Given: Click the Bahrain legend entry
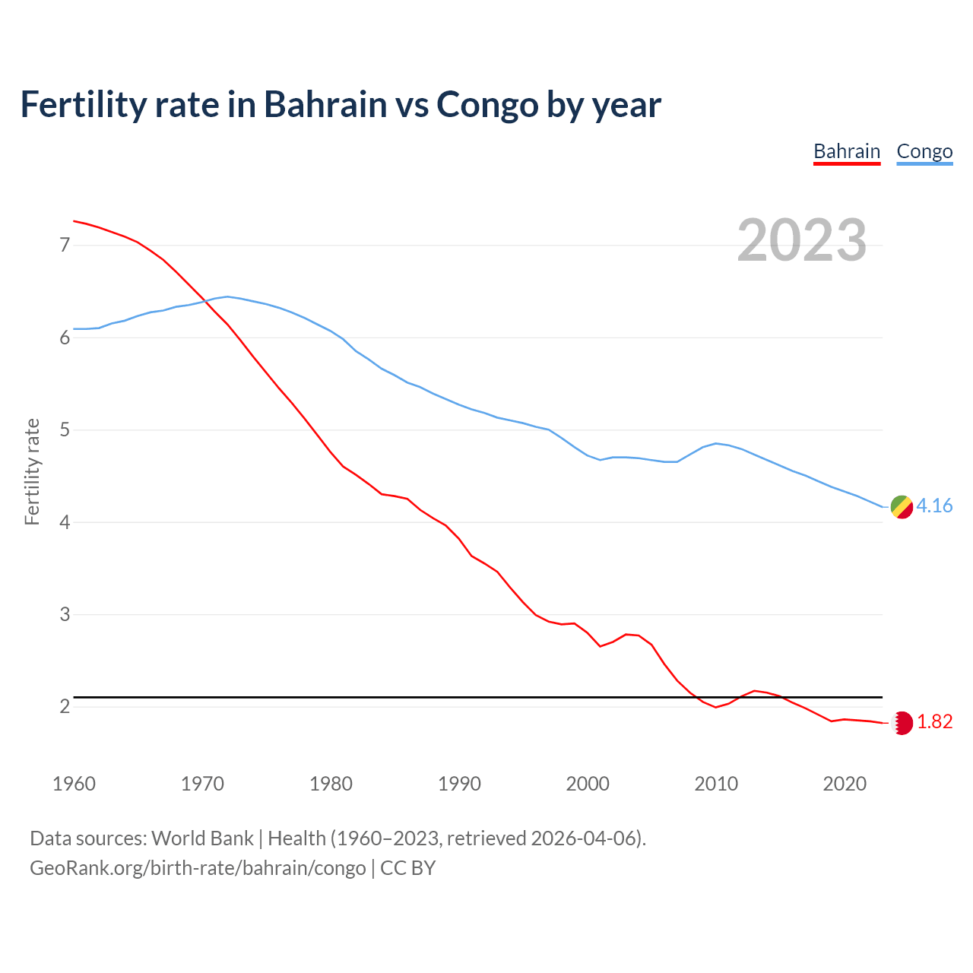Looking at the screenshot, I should click(x=846, y=151).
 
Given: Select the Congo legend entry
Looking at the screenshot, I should click(x=924, y=151).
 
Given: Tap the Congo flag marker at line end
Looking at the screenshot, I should click(x=902, y=507).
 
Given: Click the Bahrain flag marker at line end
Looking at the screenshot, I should click(x=902, y=723).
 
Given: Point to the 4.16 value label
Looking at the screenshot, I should click(x=934, y=506).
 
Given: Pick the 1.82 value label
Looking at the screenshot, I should click(x=934, y=722).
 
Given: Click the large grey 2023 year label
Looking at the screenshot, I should click(x=802, y=240).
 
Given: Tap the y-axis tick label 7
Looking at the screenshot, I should click(x=65, y=245).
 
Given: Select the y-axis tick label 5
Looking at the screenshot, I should click(x=65, y=430).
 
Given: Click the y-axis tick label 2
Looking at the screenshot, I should click(x=65, y=707).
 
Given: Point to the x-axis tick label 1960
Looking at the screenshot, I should click(x=74, y=784).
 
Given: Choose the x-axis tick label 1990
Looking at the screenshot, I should click(x=459, y=784).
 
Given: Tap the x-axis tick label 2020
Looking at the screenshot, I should click(x=845, y=784).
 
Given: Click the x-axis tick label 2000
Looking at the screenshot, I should click(x=588, y=784).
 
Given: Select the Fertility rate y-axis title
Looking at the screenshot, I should click(x=32, y=471).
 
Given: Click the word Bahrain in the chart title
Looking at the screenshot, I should click(x=325, y=104).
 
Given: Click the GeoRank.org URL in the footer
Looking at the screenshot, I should click(x=198, y=868).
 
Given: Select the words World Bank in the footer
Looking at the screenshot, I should click(x=202, y=838).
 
